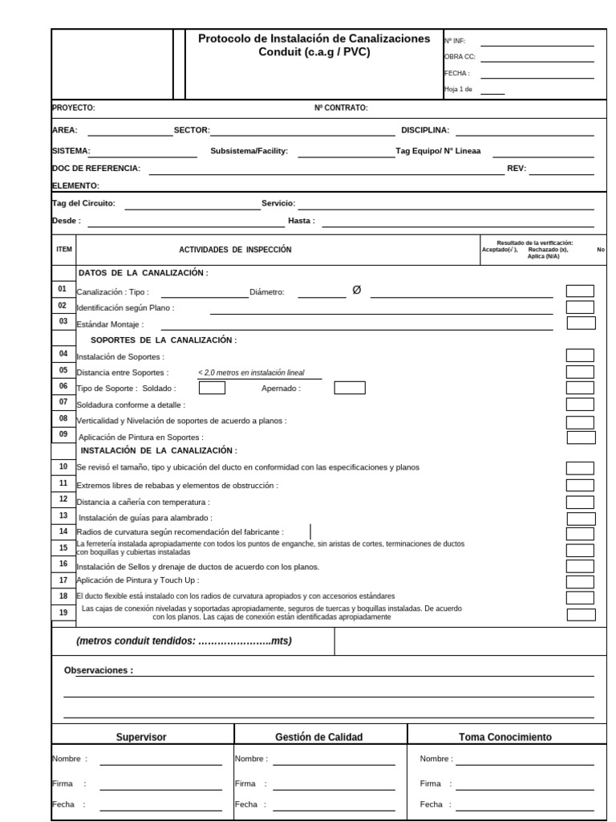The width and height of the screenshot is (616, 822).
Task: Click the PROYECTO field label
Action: [x=74, y=108]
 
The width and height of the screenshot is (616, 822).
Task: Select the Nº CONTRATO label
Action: [x=341, y=108]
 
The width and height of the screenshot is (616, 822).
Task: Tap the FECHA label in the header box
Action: [x=456, y=73]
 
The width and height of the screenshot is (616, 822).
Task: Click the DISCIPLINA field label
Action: [x=425, y=130]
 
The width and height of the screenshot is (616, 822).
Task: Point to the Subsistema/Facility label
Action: [x=249, y=151]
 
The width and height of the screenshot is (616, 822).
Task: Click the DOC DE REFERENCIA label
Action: [x=96, y=169]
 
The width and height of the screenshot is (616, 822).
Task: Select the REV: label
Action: [x=517, y=169]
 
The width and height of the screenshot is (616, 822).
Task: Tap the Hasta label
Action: [x=302, y=220]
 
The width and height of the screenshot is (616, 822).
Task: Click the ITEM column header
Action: [x=64, y=250]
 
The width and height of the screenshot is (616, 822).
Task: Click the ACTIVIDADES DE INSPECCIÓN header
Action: [x=235, y=250]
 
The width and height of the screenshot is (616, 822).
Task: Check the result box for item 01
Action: [x=580, y=291]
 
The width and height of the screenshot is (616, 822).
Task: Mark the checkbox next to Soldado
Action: [x=212, y=389]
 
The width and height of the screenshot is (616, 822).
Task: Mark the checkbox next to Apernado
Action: [x=350, y=389]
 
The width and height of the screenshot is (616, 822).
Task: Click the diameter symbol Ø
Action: [x=357, y=291]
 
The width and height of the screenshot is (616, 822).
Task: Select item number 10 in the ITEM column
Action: [x=63, y=466]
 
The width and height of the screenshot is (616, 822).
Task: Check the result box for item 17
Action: [x=580, y=580]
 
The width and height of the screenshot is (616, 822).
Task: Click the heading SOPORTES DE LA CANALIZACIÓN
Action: [x=164, y=340]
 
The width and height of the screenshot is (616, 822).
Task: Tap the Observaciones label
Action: [x=99, y=670]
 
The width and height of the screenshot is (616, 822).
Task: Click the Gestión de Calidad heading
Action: [x=319, y=737]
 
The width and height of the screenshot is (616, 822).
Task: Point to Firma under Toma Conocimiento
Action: [x=431, y=783]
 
